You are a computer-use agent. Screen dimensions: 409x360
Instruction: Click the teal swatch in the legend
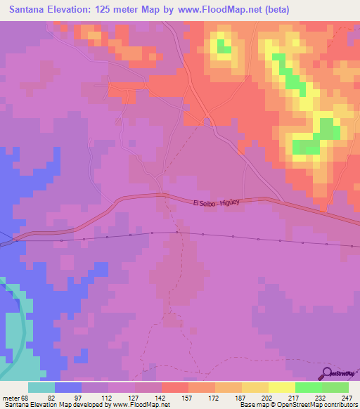click(41, 387)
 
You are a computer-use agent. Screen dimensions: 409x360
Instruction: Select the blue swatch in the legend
click(68, 387)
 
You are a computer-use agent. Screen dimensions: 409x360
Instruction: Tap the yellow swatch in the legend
click(282, 387)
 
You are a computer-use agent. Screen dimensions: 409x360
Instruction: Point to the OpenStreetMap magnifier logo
click(326, 372)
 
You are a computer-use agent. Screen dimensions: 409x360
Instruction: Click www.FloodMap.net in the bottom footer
click(139, 405)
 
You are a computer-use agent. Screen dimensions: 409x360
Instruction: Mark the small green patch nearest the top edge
click(224, 47)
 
